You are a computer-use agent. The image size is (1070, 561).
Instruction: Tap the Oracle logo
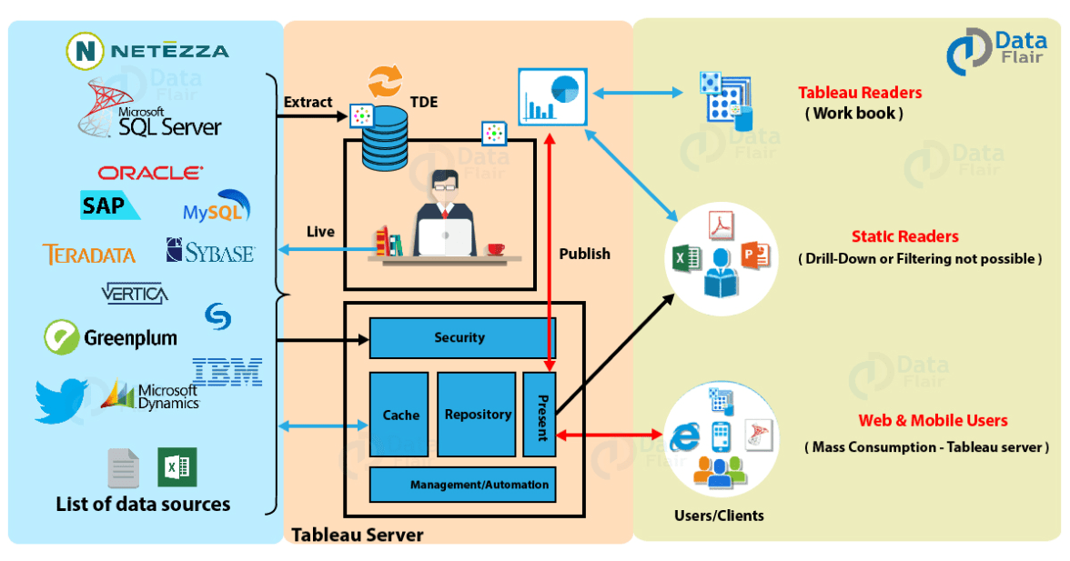150,173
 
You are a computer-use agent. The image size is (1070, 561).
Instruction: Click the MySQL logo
217,209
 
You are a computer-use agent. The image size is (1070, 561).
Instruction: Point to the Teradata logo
88,255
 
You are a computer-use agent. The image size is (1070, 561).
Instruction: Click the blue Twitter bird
62,401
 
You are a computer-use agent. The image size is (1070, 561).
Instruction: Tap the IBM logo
227,371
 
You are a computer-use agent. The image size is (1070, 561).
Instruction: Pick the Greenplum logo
110,338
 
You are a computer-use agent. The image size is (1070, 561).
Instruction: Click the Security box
461,338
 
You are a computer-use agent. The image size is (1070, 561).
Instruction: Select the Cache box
399,415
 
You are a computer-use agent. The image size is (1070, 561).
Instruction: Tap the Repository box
477,415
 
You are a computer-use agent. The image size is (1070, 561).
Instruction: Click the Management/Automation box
462,485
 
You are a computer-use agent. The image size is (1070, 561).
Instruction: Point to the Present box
540,415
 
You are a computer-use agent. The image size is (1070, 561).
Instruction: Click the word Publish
585,254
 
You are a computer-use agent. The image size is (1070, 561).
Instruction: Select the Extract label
308,102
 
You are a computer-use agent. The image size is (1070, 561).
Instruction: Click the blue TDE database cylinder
384,136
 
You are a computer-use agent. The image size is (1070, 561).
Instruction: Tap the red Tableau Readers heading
860,93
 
